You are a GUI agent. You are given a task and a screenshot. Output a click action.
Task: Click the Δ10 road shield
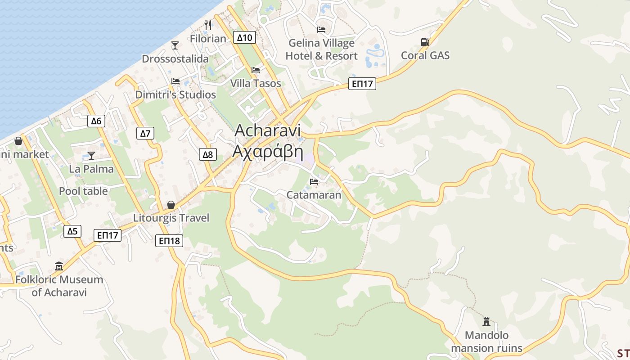click(245, 37)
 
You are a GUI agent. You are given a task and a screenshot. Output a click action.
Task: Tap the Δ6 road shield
click(96, 121)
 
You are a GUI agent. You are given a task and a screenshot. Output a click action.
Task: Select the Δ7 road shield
click(145, 133)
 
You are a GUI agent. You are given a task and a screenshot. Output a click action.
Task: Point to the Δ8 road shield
click(207, 155)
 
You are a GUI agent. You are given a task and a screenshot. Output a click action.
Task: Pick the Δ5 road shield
click(72, 231)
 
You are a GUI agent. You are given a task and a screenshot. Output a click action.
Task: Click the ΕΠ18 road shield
click(170, 241)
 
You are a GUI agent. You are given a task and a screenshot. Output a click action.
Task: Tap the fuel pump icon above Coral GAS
click(425, 42)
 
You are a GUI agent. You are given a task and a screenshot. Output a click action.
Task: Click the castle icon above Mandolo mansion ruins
click(486, 321)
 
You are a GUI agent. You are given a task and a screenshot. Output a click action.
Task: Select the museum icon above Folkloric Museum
click(59, 266)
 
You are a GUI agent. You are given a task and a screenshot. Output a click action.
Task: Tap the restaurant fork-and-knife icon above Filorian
click(207, 25)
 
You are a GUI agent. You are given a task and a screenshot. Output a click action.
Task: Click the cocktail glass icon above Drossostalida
click(175, 45)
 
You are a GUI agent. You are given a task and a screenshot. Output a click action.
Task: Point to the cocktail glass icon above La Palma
click(91, 155)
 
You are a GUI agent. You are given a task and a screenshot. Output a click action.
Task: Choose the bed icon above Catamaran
click(314, 181)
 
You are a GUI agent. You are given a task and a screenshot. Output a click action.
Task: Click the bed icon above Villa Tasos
click(256, 70)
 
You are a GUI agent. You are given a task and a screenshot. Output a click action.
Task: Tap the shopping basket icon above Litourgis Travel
click(171, 205)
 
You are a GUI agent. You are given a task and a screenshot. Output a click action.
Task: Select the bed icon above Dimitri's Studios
click(175, 81)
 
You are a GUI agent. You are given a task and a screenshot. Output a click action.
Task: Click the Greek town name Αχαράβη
click(267, 152)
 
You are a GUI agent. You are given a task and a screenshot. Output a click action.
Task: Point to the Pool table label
click(83, 191)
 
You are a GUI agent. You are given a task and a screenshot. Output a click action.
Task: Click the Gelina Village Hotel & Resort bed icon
click(321, 30)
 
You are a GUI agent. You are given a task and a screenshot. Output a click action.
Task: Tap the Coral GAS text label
click(425, 55)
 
